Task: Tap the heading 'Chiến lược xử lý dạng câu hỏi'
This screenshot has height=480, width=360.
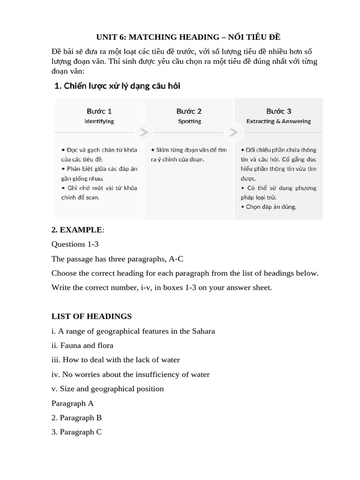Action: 117,86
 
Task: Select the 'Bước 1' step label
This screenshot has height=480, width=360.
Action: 99,111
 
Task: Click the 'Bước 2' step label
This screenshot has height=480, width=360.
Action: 189,111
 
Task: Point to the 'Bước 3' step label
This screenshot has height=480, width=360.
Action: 278,111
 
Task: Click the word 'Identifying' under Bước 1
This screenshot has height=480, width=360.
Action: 99,121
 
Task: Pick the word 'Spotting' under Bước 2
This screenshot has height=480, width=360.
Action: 189,121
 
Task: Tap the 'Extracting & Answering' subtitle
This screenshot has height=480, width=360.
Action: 278,121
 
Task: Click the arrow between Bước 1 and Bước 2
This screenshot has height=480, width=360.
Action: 144,133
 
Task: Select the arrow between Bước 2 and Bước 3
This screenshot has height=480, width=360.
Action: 233,133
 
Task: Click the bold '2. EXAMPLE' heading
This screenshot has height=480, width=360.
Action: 76,230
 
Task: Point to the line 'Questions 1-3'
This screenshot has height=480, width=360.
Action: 75,244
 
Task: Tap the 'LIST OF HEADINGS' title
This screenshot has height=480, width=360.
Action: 91,316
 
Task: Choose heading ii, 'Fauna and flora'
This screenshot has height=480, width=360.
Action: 82,345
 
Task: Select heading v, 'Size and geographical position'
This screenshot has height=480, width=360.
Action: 108,389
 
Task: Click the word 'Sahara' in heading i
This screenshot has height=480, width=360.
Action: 203,331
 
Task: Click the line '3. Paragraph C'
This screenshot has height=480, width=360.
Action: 76,432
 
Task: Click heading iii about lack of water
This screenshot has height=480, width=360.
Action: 115,360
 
